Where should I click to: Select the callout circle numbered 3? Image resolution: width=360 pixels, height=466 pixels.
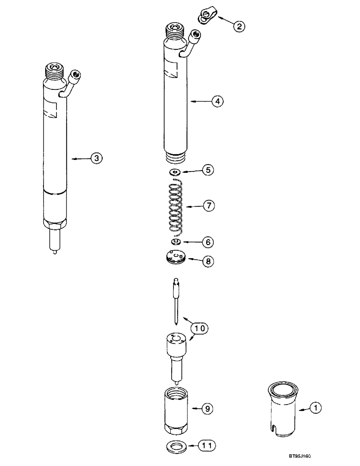tap(96, 159)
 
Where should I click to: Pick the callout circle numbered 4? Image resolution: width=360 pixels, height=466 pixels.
tap(217, 100)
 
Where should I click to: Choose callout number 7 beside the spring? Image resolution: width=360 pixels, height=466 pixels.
tap(208, 206)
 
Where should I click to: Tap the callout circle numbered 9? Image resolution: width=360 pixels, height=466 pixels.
tap(208, 408)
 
